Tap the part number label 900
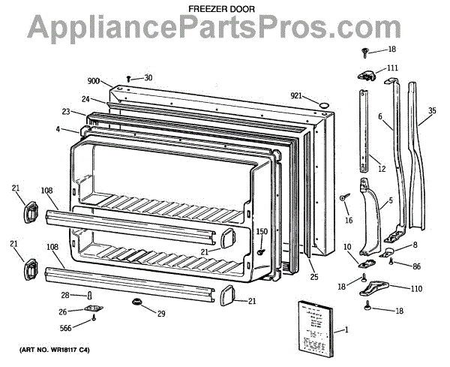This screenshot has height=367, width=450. [93, 80]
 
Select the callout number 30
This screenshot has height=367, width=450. [148, 77]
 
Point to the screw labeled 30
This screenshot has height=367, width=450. [129, 78]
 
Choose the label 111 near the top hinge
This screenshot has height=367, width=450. [392, 68]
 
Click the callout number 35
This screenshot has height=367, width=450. [431, 111]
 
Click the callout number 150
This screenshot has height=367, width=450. [262, 232]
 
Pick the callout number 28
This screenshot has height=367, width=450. [65, 295]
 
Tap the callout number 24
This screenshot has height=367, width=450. [86, 99]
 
